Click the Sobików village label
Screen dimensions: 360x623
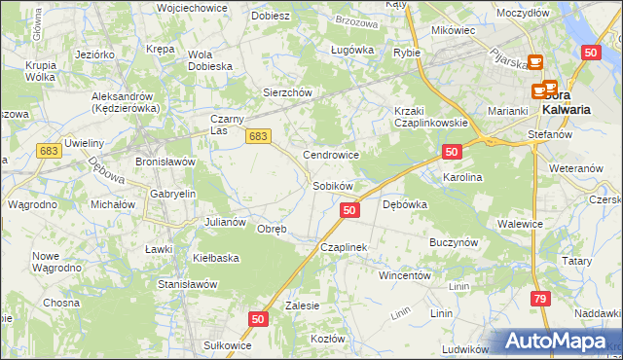click(332, 185)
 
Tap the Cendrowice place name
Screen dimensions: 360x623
click(332, 155)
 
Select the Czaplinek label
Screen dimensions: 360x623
click(344, 248)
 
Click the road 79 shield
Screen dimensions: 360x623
click(540, 300)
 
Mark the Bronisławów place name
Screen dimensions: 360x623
click(165, 162)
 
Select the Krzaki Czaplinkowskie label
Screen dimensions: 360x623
click(431, 117)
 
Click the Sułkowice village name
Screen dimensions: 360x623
click(221, 345)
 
